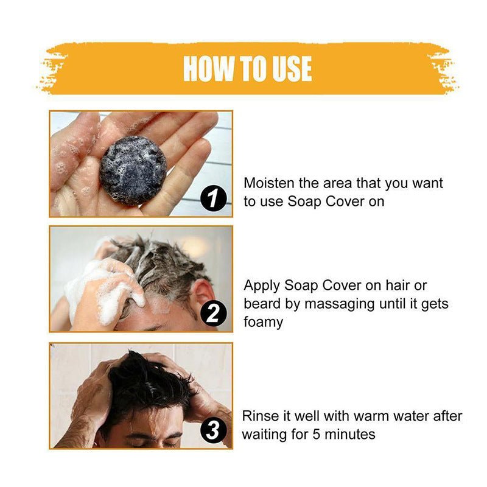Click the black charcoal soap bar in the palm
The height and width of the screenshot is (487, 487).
pos(133,169)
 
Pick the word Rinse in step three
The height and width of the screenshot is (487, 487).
pos(260,416)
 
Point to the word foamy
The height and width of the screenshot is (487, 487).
pos(263,322)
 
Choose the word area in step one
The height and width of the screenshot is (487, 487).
pos(345,183)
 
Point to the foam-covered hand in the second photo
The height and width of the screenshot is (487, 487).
pos(107,286)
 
